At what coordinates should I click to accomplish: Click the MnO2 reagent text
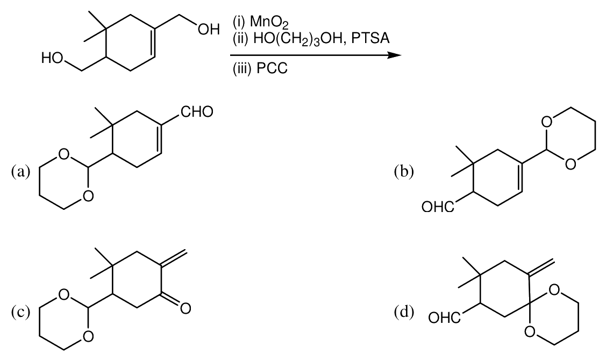tap(269, 23)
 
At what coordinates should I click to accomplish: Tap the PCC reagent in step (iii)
tap(272, 68)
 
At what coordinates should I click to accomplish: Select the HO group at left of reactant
tap(53, 59)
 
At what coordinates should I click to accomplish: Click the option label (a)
tap(20, 171)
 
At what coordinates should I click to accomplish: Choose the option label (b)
tap(404, 171)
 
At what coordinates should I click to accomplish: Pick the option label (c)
tap(20, 312)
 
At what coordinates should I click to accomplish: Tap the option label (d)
tap(404, 312)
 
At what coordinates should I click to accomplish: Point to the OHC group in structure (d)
tap(445, 318)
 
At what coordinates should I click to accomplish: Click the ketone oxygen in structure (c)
tap(186, 308)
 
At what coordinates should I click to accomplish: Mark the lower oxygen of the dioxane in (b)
tap(570, 164)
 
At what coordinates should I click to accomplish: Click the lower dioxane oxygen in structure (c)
tap(88, 336)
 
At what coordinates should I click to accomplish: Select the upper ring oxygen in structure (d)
tap(555, 289)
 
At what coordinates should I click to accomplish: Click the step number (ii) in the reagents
tap(241, 38)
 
